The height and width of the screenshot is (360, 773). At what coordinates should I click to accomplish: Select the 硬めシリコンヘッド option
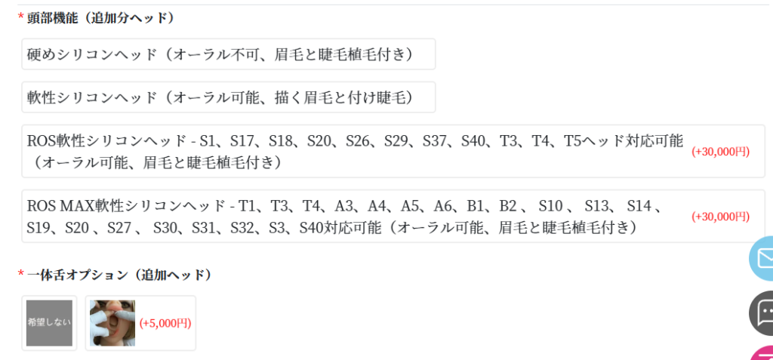(x=228, y=54)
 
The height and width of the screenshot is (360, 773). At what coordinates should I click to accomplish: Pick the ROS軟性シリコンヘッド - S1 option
(x=355, y=151)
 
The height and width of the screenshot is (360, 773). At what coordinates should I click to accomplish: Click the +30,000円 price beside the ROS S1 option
(x=720, y=152)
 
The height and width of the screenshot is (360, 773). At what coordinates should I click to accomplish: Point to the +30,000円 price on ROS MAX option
(x=720, y=217)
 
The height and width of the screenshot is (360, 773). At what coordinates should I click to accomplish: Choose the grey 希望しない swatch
(x=49, y=323)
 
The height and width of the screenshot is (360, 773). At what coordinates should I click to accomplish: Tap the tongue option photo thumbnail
(x=112, y=323)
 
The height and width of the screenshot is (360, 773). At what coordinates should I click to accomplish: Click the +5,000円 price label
(x=165, y=323)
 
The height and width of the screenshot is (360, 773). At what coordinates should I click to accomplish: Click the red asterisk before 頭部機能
(x=21, y=17)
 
